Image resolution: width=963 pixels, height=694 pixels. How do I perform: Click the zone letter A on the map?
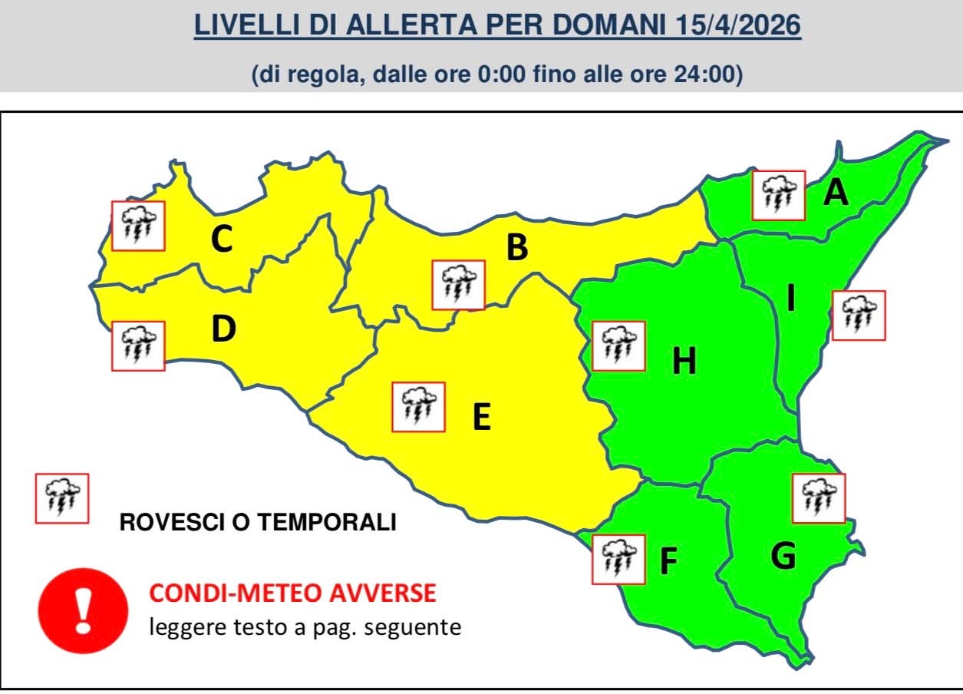[836, 193]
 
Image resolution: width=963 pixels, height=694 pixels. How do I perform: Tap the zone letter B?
[517, 247]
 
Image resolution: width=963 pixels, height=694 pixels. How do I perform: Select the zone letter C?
[222, 240]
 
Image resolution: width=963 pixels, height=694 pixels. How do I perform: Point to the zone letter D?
[223, 329]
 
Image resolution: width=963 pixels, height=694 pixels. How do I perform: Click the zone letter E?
[481, 417]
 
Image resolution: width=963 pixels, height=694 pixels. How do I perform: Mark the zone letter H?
[684, 361]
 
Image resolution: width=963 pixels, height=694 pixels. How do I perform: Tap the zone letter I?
[790, 299]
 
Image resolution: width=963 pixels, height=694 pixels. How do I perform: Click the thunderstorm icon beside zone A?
[779, 196]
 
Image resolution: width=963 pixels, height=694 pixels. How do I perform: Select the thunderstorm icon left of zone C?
[139, 226]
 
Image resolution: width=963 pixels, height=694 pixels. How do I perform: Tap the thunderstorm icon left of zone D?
[139, 345]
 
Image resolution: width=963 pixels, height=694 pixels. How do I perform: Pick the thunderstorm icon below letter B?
[458, 285]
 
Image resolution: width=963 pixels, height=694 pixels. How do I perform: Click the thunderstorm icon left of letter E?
[418, 406]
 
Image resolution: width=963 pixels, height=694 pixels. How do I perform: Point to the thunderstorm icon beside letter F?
[618, 559]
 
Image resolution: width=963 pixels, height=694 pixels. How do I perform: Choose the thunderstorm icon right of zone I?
[859, 316]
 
